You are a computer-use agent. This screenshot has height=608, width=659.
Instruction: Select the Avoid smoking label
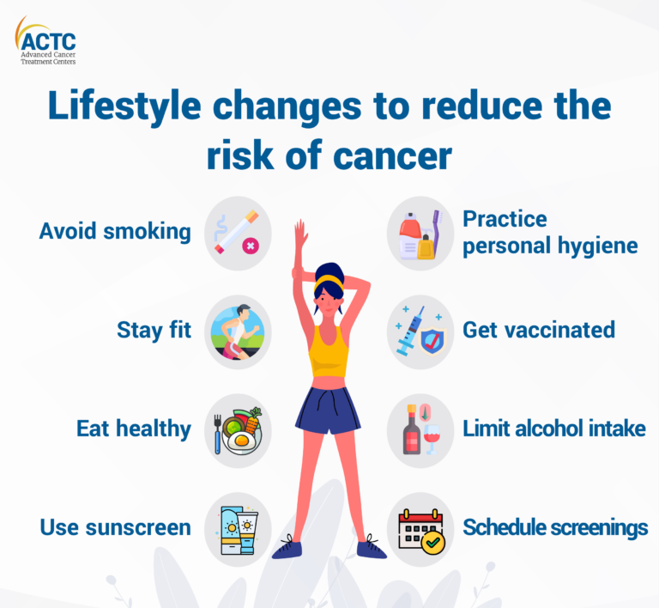click(x=115, y=231)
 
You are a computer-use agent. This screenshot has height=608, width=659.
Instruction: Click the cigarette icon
click(x=238, y=233)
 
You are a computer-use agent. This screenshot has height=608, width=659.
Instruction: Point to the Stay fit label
click(x=154, y=330)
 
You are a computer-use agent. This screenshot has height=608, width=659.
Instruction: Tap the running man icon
click(x=238, y=330)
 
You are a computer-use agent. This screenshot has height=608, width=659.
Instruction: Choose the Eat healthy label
click(x=133, y=429)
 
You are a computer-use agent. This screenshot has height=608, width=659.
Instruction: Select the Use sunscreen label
click(x=115, y=526)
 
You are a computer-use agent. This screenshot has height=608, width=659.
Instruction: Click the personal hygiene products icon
click(x=420, y=234)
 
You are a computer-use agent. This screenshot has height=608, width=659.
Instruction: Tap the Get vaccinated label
click(x=539, y=330)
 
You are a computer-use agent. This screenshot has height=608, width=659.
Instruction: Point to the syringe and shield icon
click(x=420, y=331)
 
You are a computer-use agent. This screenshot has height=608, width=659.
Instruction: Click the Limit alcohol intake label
click(x=553, y=429)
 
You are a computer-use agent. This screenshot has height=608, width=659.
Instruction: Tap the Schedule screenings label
click(x=555, y=526)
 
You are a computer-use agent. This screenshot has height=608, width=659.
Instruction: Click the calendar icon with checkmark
click(x=420, y=528)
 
